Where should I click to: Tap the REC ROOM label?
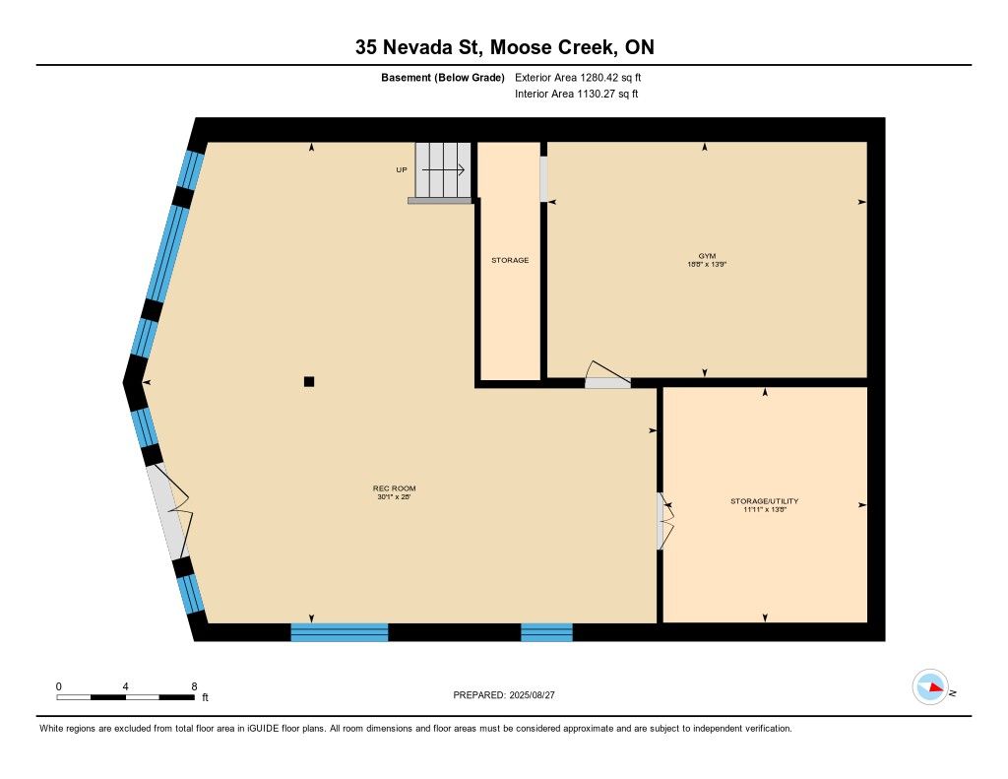[x=394, y=488]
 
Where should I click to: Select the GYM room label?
[x=707, y=255]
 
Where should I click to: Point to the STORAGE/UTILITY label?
[x=764, y=501]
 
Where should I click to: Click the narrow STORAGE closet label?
[x=510, y=260]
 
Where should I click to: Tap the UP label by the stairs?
[x=402, y=169]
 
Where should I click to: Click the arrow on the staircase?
[x=443, y=169]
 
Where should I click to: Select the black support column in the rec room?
[x=309, y=381]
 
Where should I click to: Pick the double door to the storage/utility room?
[x=665, y=521]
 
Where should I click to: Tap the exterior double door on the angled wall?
[x=168, y=511]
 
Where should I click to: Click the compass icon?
[x=931, y=687]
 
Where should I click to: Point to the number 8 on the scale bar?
[x=194, y=686]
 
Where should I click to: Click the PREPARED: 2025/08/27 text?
[x=504, y=694]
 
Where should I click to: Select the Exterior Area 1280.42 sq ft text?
[x=578, y=78]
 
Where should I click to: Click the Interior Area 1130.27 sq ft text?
[x=577, y=94]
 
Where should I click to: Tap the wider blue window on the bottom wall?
[x=340, y=632]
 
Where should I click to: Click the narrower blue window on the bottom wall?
[x=546, y=632]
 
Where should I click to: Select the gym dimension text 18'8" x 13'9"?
[x=707, y=264]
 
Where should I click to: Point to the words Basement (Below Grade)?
[x=443, y=78]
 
